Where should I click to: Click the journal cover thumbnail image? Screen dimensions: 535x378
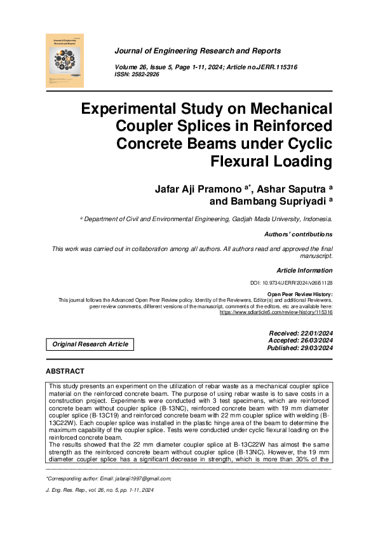[x=65, y=60]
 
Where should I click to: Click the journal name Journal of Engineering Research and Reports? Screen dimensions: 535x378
[x=197, y=51]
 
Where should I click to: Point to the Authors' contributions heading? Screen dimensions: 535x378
[x=298, y=234]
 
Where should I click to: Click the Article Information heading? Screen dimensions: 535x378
[x=304, y=270]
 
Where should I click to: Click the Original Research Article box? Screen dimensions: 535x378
[x=90, y=344]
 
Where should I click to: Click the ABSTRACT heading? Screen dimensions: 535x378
[x=65, y=371]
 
